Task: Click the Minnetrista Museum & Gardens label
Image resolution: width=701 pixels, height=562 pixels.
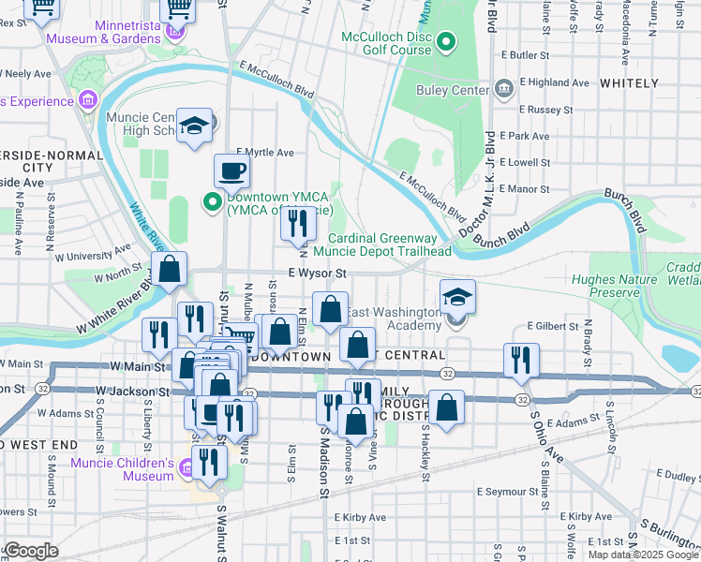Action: tap(104, 32)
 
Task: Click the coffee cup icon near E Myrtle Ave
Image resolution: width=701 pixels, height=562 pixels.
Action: tap(231, 170)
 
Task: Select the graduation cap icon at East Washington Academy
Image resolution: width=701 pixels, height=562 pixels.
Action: tap(456, 297)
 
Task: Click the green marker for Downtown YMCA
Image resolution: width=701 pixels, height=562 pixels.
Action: tap(213, 200)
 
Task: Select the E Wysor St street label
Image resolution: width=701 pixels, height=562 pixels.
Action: tap(318, 274)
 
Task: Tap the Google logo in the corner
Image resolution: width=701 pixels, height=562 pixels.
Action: tap(31, 551)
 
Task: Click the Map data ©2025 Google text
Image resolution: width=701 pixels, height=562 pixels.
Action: tap(642, 555)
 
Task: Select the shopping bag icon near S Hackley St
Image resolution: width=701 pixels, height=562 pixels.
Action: tap(447, 407)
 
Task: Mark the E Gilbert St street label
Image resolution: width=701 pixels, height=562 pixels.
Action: tap(556, 325)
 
